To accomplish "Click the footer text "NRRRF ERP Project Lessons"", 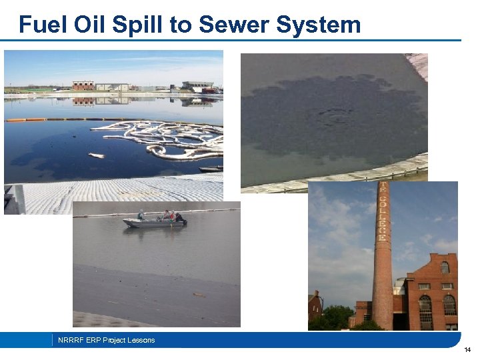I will click(x=106, y=340).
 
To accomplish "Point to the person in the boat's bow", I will click(x=141, y=215).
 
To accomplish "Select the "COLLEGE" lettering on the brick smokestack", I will click(x=382, y=212).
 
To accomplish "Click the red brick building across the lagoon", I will click(x=83, y=85).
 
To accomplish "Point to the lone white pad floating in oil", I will click(x=96, y=155).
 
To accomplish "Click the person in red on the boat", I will click(x=171, y=215).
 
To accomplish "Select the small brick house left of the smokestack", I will click(x=315, y=307).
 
